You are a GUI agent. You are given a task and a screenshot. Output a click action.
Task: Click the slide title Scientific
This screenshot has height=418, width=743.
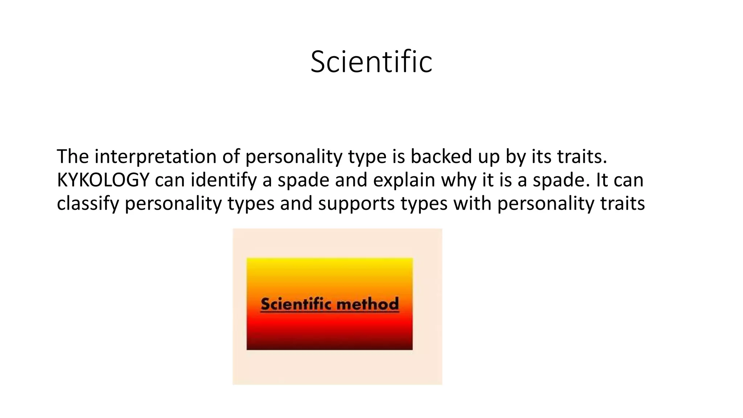click(x=371, y=62)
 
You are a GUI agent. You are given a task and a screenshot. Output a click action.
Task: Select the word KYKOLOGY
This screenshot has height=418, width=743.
click(x=103, y=180)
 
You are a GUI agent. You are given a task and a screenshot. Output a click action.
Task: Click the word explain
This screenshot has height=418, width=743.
click(x=404, y=180)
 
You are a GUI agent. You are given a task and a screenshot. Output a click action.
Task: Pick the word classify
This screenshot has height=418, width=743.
click(x=88, y=204)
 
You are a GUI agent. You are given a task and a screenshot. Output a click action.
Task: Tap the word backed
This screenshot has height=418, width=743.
click(x=441, y=157)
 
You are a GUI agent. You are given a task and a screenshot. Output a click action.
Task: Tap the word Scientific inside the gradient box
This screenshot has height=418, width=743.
click(x=296, y=304)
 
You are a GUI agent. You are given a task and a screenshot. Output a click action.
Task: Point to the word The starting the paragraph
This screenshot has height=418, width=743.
click(x=73, y=157)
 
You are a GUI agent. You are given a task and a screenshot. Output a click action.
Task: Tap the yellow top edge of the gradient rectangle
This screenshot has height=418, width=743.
click(x=329, y=260)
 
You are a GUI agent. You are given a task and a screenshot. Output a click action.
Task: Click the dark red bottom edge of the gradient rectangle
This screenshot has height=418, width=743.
click(x=329, y=348)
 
